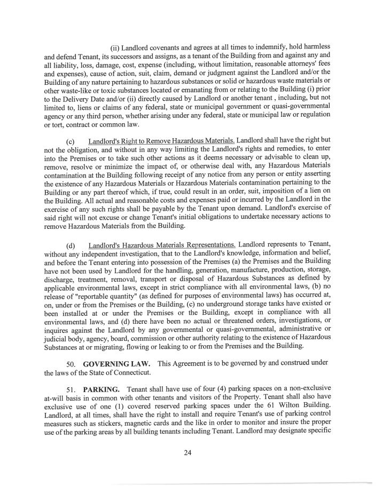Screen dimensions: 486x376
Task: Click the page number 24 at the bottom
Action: (187, 454)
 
